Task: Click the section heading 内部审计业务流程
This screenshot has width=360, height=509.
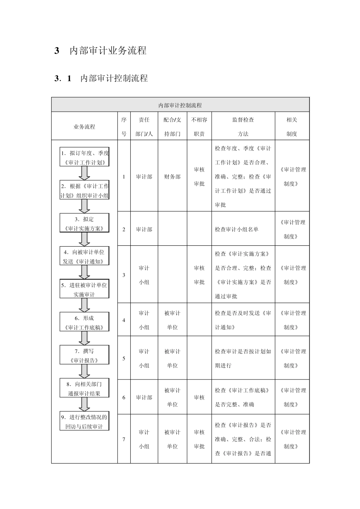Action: (108, 51)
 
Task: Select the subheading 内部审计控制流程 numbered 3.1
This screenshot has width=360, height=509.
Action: (114, 78)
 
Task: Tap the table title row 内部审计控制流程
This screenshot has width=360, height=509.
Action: (180, 105)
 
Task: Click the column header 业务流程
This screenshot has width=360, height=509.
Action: (84, 127)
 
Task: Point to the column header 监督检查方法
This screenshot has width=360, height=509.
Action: (243, 126)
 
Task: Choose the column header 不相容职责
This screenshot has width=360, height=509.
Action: (199, 126)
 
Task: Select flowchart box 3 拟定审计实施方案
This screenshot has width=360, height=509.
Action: (84, 223)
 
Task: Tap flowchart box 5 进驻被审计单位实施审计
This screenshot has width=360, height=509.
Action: (84, 289)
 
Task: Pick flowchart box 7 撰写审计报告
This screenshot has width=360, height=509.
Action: (84, 355)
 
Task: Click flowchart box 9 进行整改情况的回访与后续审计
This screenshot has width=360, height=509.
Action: (84, 421)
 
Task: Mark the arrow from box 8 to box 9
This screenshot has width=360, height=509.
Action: (85, 404)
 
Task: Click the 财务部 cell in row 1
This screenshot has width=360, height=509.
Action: (172, 176)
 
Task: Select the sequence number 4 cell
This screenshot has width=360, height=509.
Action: (124, 320)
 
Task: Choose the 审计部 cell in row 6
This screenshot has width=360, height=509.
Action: (144, 397)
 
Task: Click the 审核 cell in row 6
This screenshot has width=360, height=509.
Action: (199, 397)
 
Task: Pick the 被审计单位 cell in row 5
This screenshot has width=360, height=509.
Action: (172, 358)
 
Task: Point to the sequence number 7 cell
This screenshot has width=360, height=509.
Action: (124, 439)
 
